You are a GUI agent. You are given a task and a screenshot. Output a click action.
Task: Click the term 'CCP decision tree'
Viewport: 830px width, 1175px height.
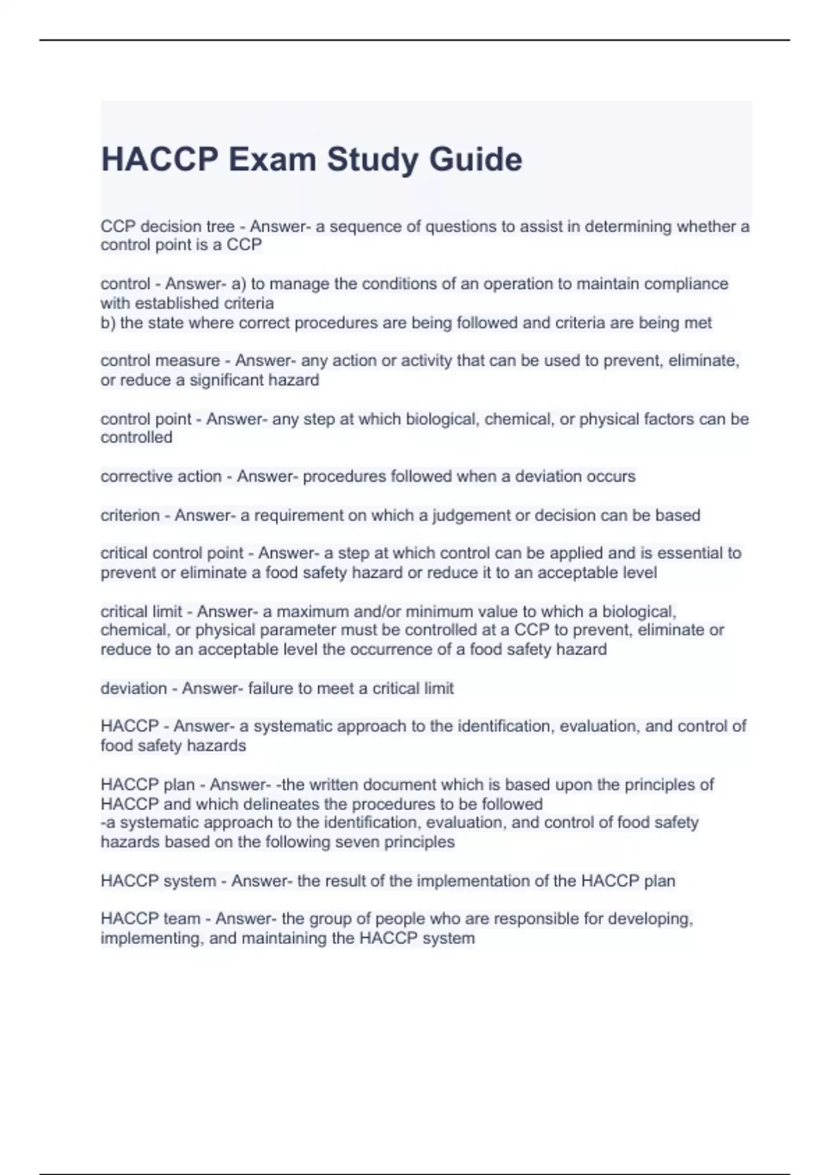(x=167, y=227)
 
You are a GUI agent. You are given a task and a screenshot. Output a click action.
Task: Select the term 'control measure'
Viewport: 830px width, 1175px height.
(x=160, y=361)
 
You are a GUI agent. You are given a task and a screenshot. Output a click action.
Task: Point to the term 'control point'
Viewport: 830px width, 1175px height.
(x=146, y=419)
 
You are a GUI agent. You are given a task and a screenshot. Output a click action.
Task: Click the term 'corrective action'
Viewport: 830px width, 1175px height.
(x=160, y=476)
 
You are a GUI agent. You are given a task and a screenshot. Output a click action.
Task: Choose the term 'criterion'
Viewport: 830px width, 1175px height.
(x=130, y=515)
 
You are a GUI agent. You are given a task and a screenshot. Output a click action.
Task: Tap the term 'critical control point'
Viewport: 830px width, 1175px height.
(x=172, y=553)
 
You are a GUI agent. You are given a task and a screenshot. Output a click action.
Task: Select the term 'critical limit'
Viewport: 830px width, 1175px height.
(x=141, y=612)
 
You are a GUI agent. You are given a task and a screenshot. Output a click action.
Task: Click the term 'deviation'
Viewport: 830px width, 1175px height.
(x=133, y=688)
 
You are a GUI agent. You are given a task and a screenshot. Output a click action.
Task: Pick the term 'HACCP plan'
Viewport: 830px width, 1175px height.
(x=147, y=784)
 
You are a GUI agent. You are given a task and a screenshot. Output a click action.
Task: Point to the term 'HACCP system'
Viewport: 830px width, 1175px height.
(x=158, y=881)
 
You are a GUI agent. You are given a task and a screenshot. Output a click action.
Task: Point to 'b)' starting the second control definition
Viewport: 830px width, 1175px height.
(x=108, y=323)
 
